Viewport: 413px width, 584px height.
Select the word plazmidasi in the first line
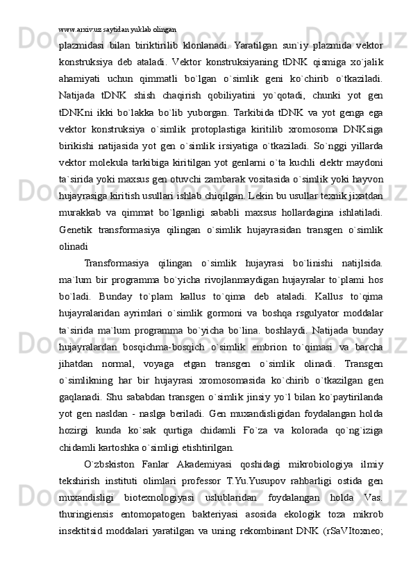pyautogui.click(x=81, y=45)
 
